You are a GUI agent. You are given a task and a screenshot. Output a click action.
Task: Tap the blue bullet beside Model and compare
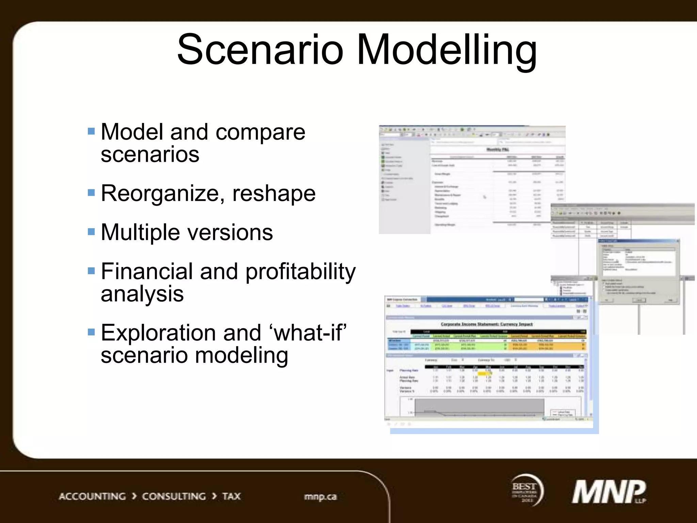[x=91, y=131]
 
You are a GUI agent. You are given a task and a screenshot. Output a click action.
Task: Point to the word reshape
[x=274, y=193]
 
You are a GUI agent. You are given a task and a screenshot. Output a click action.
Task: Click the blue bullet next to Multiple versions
[x=91, y=232]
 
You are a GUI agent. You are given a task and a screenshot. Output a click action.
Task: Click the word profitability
[x=300, y=272]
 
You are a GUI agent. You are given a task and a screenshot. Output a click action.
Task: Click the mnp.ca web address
[x=320, y=496]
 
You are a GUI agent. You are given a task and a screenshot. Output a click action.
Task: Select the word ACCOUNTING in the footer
[x=92, y=496]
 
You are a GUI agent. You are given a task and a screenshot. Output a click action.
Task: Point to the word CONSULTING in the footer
[x=174, y=496]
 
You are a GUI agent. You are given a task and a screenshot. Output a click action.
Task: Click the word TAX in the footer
[x=231, y=496]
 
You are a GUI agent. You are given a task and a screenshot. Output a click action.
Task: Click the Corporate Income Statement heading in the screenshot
[x=487, y=324]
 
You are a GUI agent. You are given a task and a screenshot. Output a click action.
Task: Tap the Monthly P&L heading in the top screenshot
[x=498, y=149]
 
